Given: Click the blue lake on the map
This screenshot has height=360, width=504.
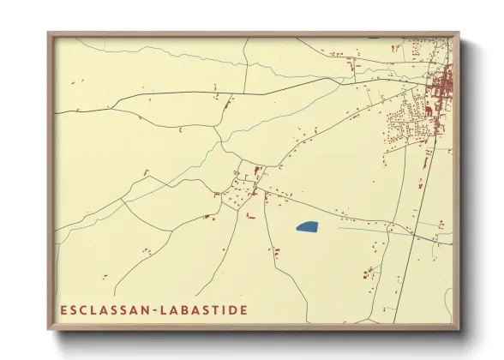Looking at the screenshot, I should (x=306, y=227).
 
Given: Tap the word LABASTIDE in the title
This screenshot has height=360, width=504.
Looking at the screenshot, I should (x=206, y=309).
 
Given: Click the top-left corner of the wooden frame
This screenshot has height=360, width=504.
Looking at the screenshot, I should (x=50, y=34).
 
